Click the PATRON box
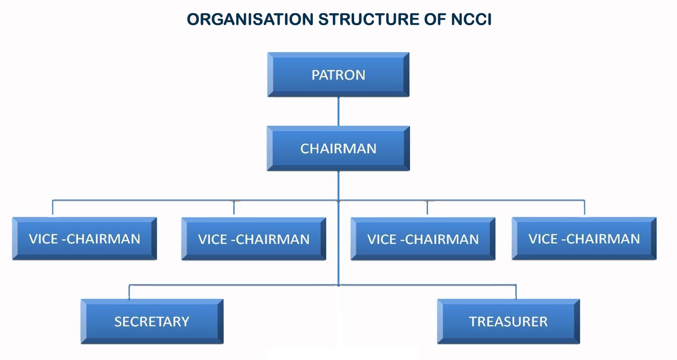pos(338,75)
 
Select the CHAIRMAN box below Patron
pos(338,149)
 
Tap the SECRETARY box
pos(152,321)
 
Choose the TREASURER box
pos(508,321)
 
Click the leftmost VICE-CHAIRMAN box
pos(85,239)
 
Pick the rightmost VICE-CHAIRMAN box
pos(584,239)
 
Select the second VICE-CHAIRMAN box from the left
pos(253,239)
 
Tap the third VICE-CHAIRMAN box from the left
pos(423,239)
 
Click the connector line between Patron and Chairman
pos(338,111)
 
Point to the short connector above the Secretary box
pos(129,292)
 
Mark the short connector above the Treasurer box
pos(516,292)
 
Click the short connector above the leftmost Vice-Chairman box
pos(53,208)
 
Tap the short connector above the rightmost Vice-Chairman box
pos(584,208)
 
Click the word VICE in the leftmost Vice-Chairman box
pos(43,239)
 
